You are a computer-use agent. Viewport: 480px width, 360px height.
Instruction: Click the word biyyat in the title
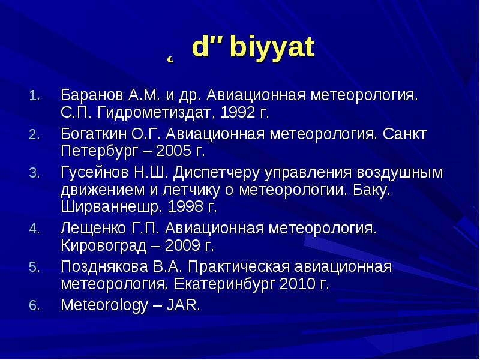pyautogui.click(x=272, y=47)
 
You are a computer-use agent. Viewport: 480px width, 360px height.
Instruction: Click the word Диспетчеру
pyautogui.click(x=216, y=173)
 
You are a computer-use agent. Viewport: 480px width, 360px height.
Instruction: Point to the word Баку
pyautogui.click(x=371, y=190)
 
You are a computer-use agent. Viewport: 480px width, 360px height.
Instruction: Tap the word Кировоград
pyautogui.click(x=103, y=246)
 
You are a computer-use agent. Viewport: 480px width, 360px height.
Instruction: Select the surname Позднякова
pyautogui.click(x=104, y=266)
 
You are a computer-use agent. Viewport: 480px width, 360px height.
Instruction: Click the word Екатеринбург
pyautogui.click(x=224, y=284)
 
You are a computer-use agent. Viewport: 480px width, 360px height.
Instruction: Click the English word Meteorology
pyautogui.click(x=104, y=305)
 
